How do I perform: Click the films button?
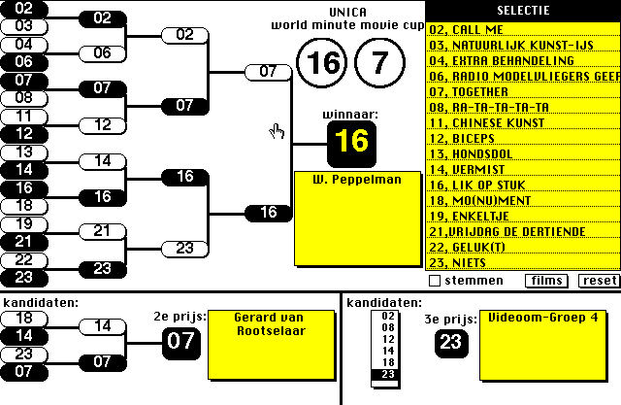coord(547,281)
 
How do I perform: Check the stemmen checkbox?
coord(435,281)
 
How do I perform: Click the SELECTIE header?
coord(522,11)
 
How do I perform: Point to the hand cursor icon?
coord(278,131)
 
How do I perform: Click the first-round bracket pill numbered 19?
coord(25,222)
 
